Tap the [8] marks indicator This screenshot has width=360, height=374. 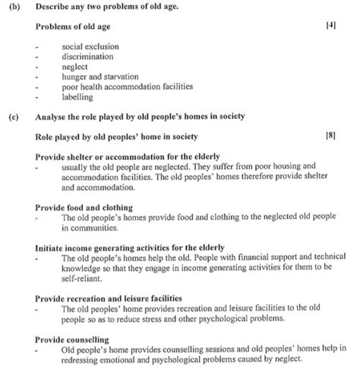pyautogui.click(x=330, y=136)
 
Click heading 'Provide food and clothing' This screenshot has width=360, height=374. pyautogui.click(x=84, y=206)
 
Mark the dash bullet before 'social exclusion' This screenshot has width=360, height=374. pyautogui.click(x=38, y=46)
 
